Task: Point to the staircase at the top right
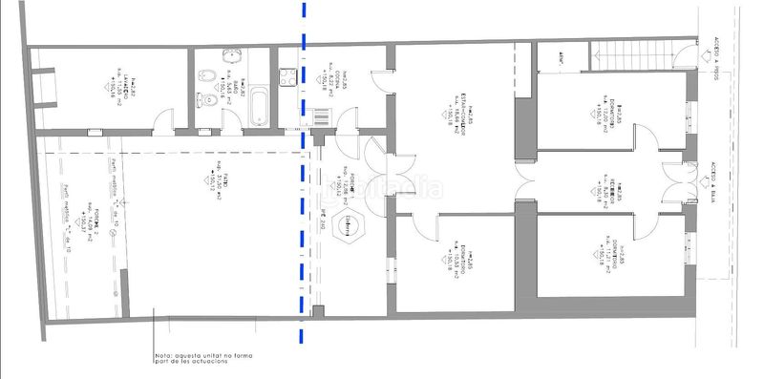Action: [631, 57]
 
